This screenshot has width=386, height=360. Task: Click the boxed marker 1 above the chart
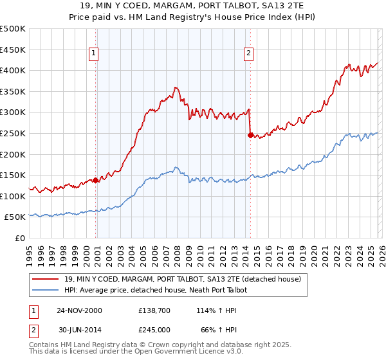point(94,53)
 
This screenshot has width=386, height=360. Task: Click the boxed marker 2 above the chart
point(248,53)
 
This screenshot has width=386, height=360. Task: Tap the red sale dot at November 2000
point(96,180)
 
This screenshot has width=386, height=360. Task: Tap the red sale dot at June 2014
point(250,135)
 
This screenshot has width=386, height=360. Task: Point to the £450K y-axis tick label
point(13,50)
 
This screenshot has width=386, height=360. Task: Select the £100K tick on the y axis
point(13,196)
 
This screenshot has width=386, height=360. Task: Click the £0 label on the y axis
point(19,238)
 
